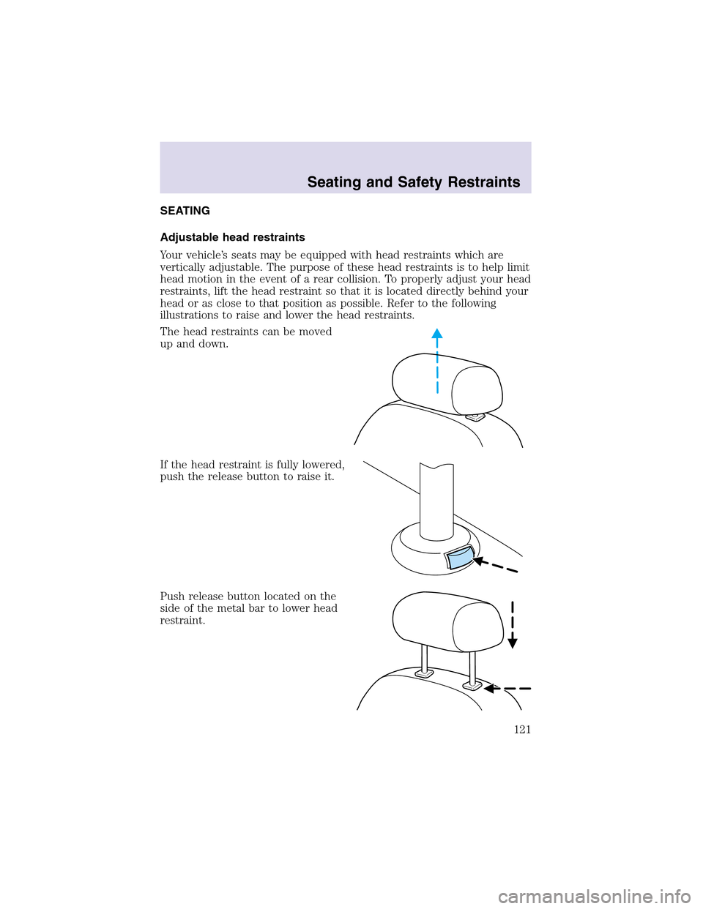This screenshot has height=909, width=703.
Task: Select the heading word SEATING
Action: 185,211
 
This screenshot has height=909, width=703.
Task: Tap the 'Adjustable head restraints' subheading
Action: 232,237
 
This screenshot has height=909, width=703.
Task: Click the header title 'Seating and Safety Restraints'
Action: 414,182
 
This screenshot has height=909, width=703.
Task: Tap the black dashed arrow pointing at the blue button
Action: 495,566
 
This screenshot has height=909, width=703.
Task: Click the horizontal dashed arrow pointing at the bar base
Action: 507,689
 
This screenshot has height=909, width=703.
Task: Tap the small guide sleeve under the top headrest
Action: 475,418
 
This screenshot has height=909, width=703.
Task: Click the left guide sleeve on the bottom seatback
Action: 424,673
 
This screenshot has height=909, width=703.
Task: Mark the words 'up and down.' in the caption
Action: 193,344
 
